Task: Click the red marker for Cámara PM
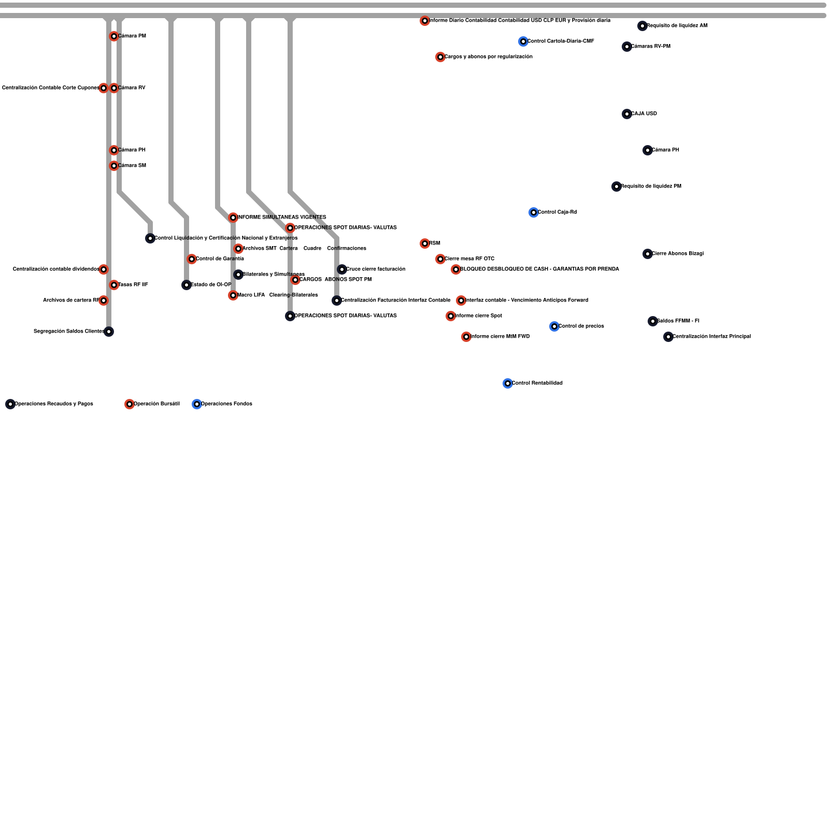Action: (114, 36)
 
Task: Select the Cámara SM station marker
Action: (114, 166)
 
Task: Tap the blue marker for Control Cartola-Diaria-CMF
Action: (523, 41)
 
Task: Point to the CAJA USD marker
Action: (627, 114)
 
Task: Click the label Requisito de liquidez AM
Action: (677, 25)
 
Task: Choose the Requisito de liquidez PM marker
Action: (617, 187)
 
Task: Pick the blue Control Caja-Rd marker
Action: (534, 212)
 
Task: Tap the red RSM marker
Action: (425, 244)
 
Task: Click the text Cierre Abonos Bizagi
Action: (677, 253)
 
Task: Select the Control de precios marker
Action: (554, 326)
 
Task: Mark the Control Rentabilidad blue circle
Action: (508, 383)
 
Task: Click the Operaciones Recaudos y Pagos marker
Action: (10, 404)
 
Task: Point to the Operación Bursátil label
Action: (156, 404)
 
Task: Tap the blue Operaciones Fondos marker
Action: (197, 404)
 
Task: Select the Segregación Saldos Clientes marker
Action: (109, 332)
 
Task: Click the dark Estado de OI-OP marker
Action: (187, 285)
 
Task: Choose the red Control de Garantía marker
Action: (192, 259)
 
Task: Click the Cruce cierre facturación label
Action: (376, 269)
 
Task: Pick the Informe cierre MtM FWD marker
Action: (466, 337)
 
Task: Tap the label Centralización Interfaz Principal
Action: (711, 336)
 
